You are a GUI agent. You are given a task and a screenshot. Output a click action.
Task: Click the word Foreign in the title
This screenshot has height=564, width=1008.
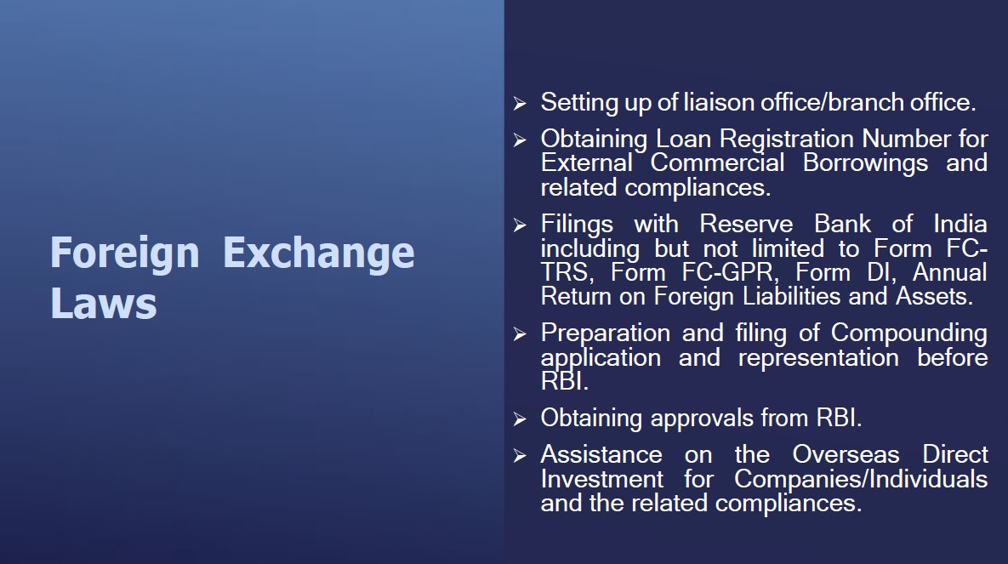[x=125, y=254]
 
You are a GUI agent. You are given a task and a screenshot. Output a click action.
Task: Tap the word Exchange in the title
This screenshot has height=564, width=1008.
[x=319, y=254]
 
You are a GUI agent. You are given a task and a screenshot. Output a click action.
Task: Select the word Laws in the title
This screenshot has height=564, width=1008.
[x=104, y=304]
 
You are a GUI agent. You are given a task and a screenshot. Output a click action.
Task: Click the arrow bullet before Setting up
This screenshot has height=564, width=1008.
[x=520, y=103]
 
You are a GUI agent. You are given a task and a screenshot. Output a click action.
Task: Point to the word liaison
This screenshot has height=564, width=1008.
[x=718, y=102]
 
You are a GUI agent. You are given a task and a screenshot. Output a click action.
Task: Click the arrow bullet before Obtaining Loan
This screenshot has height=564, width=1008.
[x=520, y=140]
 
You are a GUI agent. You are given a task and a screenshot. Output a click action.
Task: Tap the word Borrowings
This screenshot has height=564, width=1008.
[x=865, y=162]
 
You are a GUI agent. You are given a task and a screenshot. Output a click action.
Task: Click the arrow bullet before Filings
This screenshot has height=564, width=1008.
[x=520, y=225]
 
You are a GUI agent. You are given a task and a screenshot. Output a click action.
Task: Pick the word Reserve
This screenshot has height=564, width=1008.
[x=746, y=224]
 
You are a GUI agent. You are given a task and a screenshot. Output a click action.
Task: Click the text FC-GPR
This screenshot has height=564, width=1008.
[x=727, y=272]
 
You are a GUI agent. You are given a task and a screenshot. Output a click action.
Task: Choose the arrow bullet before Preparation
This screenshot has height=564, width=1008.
[x=520, y=333]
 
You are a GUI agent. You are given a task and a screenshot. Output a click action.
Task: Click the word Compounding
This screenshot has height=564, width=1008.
[x=909, y=333]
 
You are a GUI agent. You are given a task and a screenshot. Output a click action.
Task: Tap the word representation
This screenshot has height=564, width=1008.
[x=818, y=357]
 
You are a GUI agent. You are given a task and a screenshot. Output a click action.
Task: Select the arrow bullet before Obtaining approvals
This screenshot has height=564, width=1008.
[x=520, y=419]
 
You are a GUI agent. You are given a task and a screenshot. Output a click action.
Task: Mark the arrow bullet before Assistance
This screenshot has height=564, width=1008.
[x=520, y=456]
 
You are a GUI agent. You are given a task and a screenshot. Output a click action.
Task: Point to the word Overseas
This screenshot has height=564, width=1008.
[x=846, y=454]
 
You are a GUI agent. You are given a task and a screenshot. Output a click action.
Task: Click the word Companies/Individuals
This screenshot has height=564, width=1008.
[x=861, y=479]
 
